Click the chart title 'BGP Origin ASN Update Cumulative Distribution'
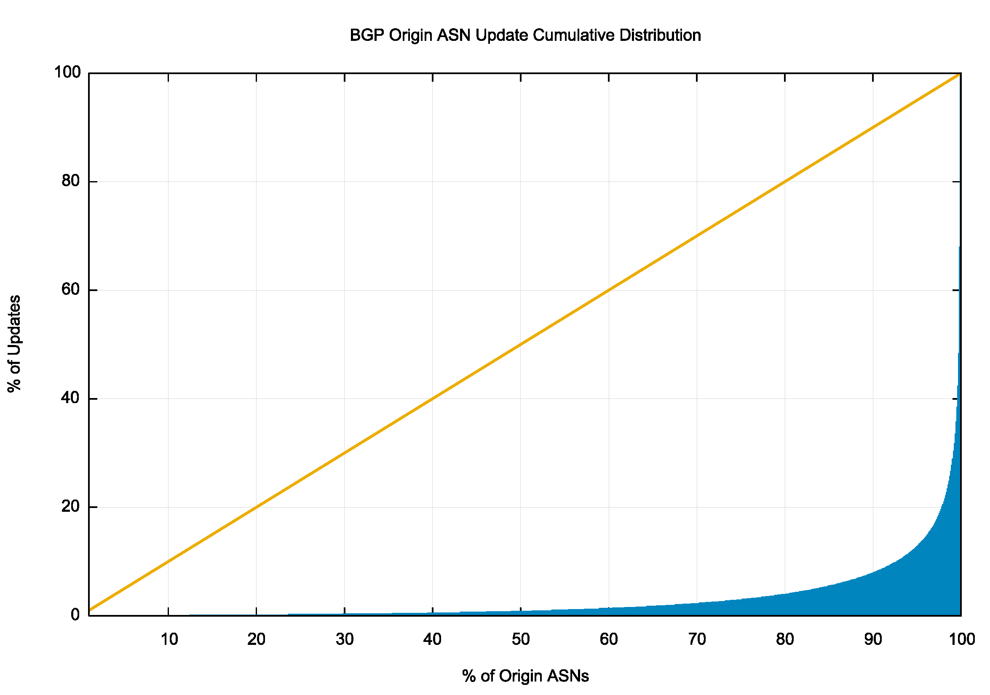click(525, 35)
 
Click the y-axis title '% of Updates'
click(14, 344)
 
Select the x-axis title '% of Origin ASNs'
click(525, 676)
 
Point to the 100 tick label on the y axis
click(67, 72)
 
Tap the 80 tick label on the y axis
click(71, 181)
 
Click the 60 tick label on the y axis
click(71, 290)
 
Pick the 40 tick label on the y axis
click(71, 398)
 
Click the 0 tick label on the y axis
click(75, 615)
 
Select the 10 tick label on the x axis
click(169, 639)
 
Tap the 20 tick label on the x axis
click(256, 639)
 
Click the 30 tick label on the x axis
click(345, 639)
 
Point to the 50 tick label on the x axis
click(520, 639)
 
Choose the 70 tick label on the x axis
click(697, 639)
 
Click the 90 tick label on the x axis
click(873, 639)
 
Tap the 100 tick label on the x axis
click(961, 639)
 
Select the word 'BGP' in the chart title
click(367, 35)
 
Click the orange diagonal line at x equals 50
click(520, 344)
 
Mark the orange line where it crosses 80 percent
click(785, 182)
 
